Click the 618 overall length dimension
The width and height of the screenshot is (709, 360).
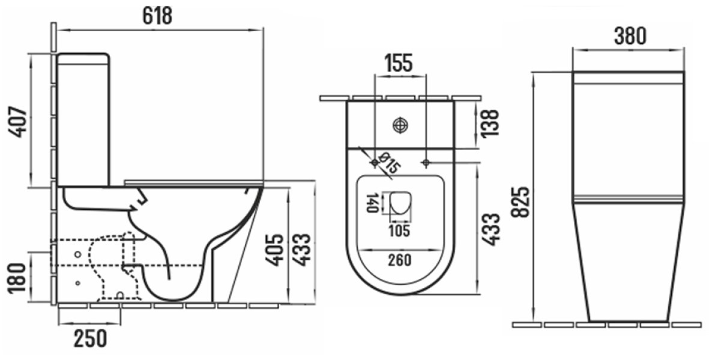[x=157, y=16]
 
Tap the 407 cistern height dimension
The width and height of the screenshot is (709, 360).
[x=19, y=122]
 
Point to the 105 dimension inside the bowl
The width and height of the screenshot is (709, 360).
[x=399, y=230]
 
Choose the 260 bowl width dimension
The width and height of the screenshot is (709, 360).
[x=399, y=260]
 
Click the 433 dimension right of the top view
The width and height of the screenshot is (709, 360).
[x=491, y=229]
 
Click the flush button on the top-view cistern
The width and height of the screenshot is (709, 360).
[x=400, y=125]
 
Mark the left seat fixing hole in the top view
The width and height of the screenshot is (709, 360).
[x=375, y=163]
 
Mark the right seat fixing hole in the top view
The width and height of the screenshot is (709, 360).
[x=426, y=163]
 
